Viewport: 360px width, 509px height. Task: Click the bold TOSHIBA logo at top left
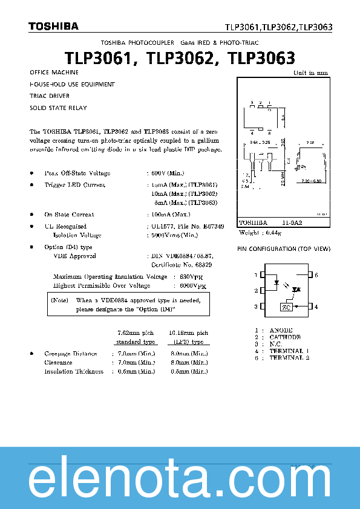pyautogui.click(x=53, y=26)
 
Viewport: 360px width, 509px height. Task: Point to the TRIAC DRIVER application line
pyautogui.click(x=50, y=96)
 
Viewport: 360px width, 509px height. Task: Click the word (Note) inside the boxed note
pyautogui.click(x=60, y=300)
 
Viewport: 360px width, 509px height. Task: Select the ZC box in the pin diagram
pyautogui.click(x=286, y=307)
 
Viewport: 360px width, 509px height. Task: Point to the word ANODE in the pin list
pyautogui.click(x=281, y=330)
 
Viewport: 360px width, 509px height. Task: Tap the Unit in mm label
pyautogui.click(x=310, y=73)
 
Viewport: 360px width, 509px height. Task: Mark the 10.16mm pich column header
pyautogui.click(x=188, y=333)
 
